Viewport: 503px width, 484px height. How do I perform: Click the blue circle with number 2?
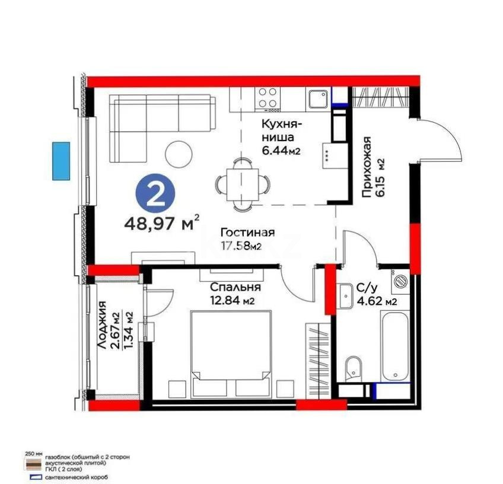155,195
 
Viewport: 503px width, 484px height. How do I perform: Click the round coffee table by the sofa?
179,153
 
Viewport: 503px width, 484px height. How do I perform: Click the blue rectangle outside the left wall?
61,160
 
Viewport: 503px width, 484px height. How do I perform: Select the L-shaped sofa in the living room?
154,122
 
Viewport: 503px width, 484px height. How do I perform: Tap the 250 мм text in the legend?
33,453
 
